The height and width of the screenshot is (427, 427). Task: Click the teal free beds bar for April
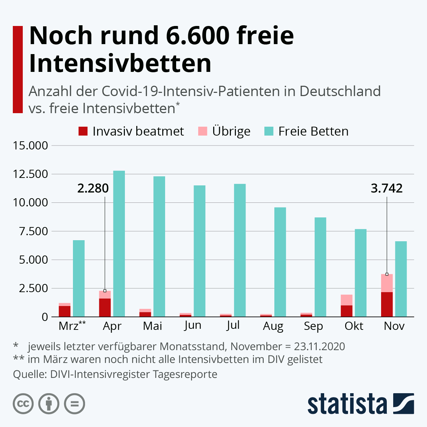click(119, 244)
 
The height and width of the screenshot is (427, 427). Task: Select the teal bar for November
click(401, 279)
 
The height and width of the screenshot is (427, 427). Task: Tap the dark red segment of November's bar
click(387, 304)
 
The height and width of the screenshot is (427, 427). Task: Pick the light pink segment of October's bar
click(347, 300)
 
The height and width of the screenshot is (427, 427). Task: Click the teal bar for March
click(79, 278)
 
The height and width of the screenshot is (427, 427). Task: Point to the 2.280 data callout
click(93, 188)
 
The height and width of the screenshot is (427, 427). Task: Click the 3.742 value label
click(387, 188)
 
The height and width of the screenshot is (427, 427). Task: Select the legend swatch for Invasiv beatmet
click(83, 131)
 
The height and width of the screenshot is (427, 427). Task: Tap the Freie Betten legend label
click(313, 131)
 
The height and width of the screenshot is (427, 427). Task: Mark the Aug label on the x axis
click(273, 326)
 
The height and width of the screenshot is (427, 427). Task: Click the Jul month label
click(233, 325)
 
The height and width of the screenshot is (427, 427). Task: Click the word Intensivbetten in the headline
click(120, 63)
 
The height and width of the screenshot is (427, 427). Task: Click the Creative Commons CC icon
click(23, 404)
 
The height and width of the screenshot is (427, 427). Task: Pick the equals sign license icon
click(74, 404)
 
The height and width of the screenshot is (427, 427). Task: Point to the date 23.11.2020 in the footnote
click(319, 346)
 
